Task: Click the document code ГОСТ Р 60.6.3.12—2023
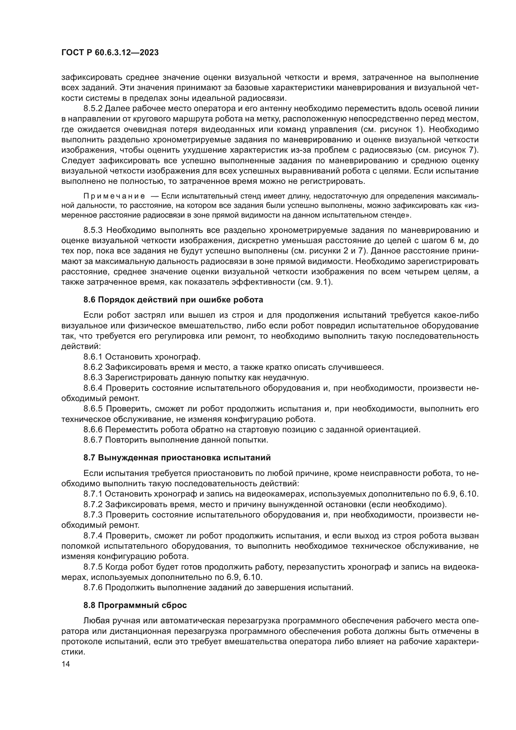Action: (110, 53)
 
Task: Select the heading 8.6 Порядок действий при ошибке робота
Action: (173, 300)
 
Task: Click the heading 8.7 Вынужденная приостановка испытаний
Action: (177, 458)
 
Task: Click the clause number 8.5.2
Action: (93, 109)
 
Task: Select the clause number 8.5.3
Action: (93, 230)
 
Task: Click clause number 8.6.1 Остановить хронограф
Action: (93, 357)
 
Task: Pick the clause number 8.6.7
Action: (93, 440)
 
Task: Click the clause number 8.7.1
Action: (93, 494)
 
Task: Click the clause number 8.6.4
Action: (93, 388)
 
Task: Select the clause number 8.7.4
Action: (93, 536)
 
